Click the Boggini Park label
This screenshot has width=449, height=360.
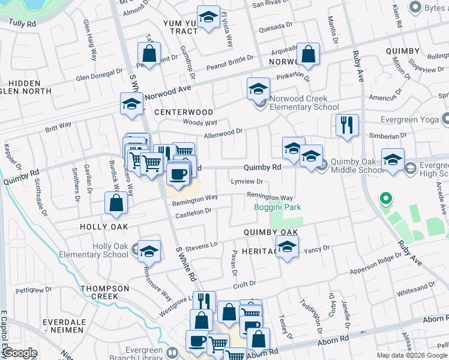(276, 208)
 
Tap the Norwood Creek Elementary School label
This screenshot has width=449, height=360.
(304, 103)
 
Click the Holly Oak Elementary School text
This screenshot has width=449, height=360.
(94, 250)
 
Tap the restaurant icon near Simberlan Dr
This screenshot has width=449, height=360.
(347, 125)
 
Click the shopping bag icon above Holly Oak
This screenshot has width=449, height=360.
(116, 204)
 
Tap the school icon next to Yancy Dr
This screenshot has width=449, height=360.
(287, 247)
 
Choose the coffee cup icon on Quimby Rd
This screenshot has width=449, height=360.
(178, 174)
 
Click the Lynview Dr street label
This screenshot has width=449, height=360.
(247, 181)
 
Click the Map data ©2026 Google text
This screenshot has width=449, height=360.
(411, 355)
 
